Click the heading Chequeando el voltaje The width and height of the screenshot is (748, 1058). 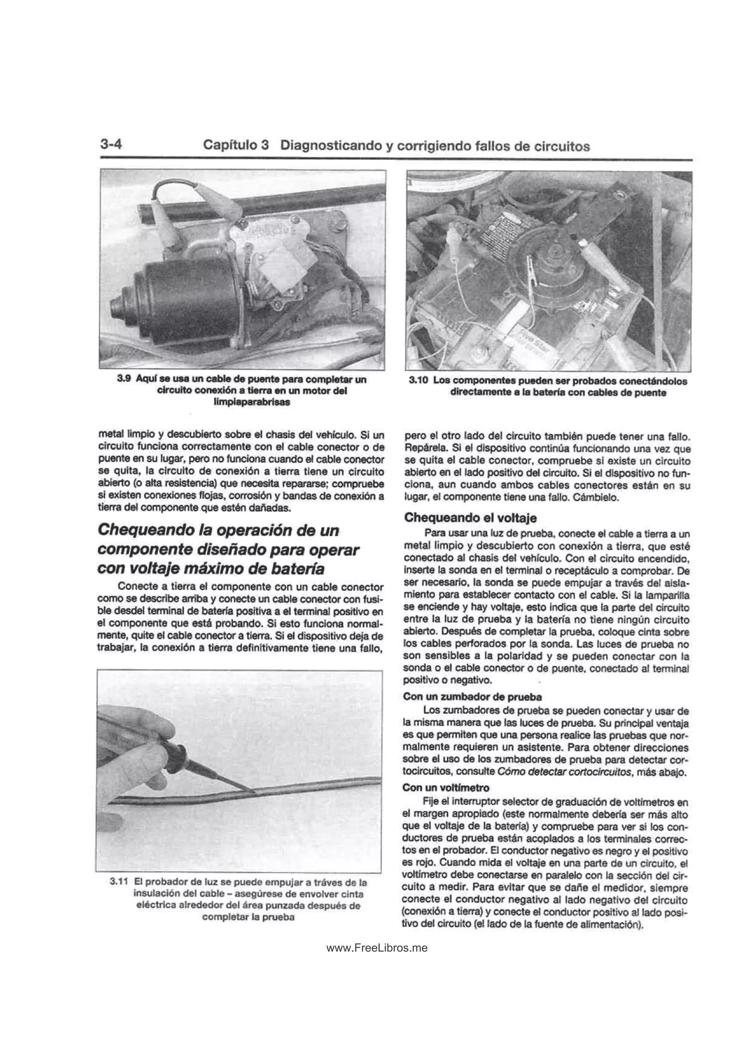click(x=470, y=518)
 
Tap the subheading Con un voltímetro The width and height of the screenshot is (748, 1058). click(x=446, y=787)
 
